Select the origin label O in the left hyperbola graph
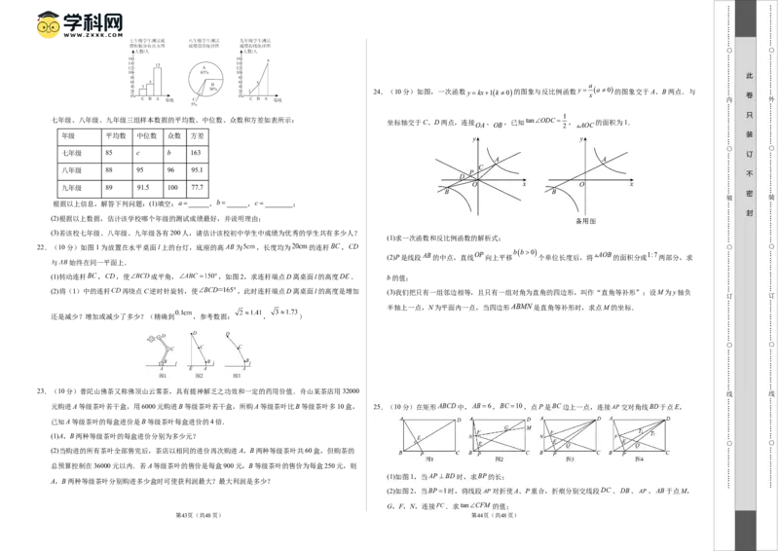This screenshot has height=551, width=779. coord(474,185)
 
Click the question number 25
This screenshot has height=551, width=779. coord(379,406)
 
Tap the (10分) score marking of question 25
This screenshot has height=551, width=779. coord(399,406)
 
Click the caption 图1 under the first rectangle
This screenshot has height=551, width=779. coord(428,459)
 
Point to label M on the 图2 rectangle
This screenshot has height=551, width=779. coord(529,429)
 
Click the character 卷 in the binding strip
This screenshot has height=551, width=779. coord(749,95)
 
